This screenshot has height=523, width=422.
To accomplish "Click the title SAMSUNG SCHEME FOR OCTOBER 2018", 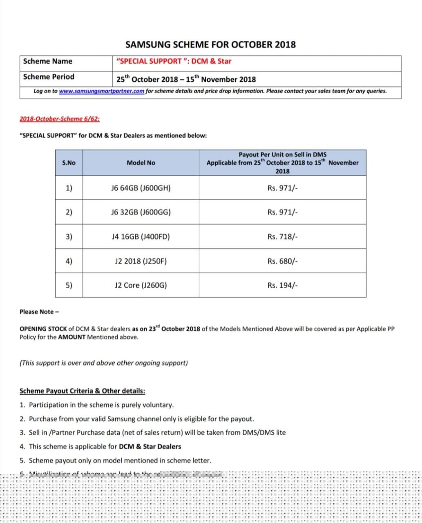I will coord(210,45).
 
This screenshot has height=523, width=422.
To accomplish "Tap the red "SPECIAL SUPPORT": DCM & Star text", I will coord(174,61).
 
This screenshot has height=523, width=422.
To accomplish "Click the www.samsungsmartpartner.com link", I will coord(101,91).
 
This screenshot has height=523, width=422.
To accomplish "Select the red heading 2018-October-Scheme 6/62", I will coord(60,119).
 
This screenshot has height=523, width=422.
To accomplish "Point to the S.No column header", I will coord(69,163).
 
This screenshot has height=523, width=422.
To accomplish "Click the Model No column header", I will coord(141,163).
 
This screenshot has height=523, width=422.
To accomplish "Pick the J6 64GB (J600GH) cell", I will coord(141,188).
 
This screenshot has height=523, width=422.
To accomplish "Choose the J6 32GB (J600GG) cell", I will coord(141,212).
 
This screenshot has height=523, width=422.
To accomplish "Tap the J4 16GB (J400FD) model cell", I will coord(141,237).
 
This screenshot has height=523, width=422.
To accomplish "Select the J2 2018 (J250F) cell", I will coord(141,261).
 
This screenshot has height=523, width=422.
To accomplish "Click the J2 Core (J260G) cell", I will coord(141,285).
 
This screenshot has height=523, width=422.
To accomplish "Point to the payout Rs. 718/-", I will coord(283,237).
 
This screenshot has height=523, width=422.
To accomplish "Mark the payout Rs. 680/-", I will coord(283,261).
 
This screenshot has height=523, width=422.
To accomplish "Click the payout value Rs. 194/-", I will coord(283,285).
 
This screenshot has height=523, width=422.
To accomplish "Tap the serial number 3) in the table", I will coord(69,237).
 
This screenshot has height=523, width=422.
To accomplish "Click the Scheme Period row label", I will coord(49,77).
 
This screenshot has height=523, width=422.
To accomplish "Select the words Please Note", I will coord(37,312).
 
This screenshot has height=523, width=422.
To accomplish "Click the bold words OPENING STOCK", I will coord(43,329).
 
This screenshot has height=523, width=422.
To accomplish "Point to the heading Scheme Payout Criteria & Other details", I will coord(82,391).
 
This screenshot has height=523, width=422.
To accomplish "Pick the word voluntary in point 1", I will coord(158,405).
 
